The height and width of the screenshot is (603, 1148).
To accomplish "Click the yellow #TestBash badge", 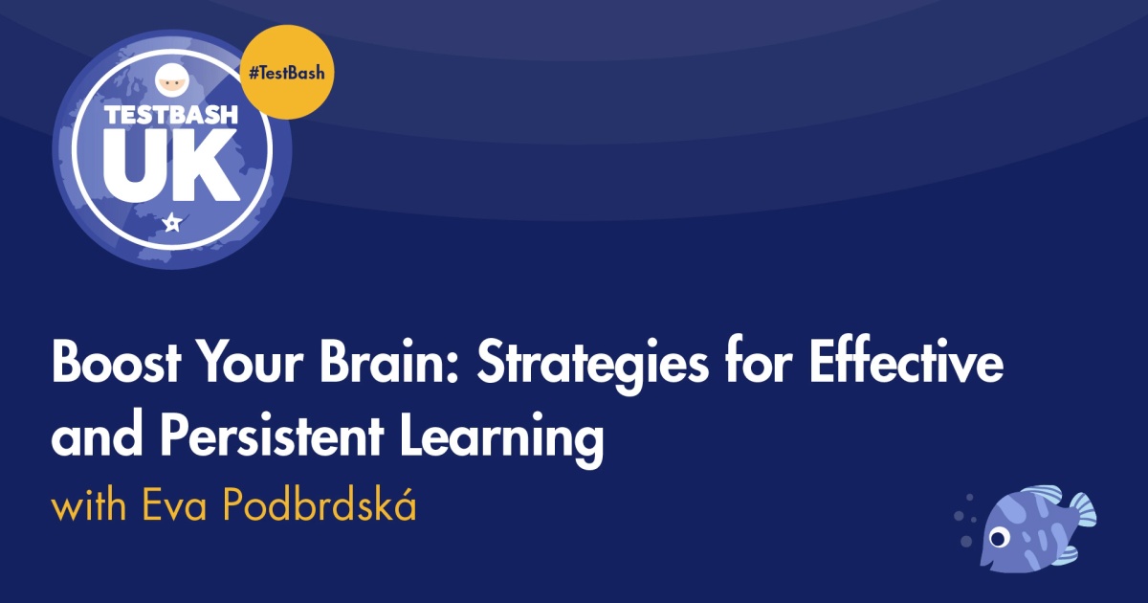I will (x=287, y=72).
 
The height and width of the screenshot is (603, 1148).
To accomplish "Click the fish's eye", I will (x=998, y=537).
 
